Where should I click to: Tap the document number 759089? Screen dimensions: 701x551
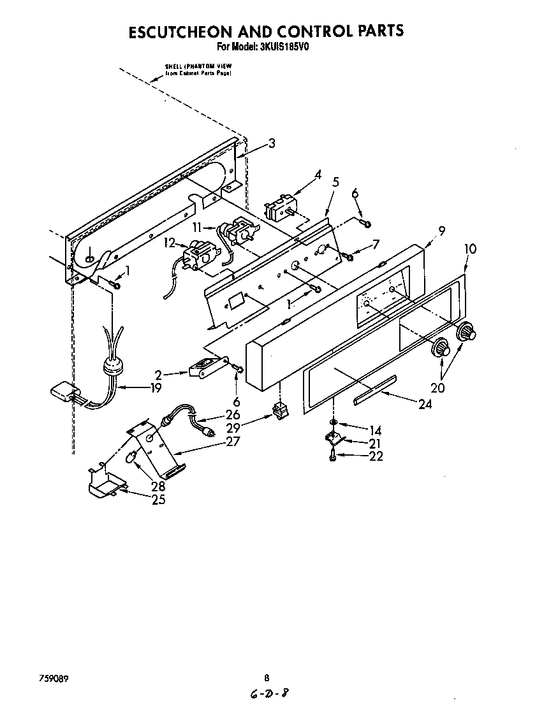coord(53,677)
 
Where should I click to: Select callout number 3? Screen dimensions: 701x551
coord(272,144)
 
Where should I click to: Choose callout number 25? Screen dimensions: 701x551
coord(158,500)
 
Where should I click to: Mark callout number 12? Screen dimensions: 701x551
coord(168,242)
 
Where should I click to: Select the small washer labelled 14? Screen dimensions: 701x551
coord(334,423)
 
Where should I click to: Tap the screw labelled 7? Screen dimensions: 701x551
coord(349,256)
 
